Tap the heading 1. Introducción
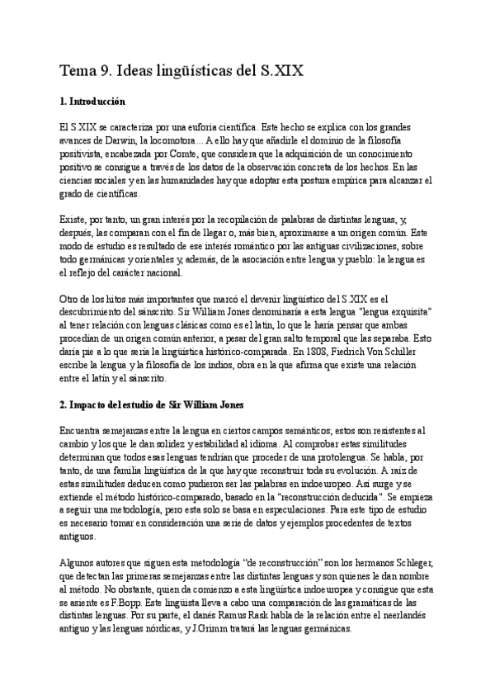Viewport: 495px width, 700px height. [92, 102]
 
